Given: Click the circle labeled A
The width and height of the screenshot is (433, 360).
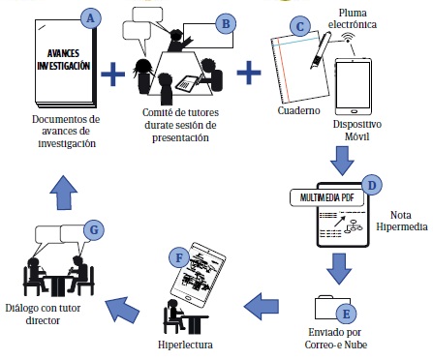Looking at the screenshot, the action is [x=91, y=18].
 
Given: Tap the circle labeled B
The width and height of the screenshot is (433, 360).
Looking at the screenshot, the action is [x=226, y=23].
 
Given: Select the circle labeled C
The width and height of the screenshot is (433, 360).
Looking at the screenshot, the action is [x=300, y=26].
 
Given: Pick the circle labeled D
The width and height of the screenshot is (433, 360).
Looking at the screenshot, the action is [x=372, y=185].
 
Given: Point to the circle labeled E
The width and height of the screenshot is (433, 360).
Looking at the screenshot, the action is [x=346, y=314].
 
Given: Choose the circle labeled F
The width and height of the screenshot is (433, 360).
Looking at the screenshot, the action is [x=179, y=257].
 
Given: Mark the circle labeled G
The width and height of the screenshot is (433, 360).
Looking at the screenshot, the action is [x=94, y=230].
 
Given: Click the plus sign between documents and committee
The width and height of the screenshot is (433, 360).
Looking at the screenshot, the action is [x=112, y=75].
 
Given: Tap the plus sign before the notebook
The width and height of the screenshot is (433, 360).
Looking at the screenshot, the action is [x=249, y=73].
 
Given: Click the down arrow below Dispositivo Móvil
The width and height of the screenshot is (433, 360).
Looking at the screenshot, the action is [x=342, y=161].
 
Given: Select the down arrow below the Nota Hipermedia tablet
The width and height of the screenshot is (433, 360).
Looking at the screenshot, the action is [x=339, y=269].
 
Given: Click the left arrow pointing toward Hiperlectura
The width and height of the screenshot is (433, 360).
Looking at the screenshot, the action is [x=262, y=306].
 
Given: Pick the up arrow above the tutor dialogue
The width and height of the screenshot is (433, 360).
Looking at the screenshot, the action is [x=64, y=193].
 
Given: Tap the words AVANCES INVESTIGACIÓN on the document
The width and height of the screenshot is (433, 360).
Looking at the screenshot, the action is [x=64, y=59].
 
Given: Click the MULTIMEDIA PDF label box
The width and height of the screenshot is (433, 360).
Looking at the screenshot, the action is [x=327, y=197].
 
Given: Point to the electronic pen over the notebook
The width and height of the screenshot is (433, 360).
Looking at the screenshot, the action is [x=321, y=50].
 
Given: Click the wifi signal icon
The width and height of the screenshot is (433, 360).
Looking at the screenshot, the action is [x=348, y=38].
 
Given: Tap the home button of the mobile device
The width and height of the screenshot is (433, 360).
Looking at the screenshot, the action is [x=354, y=111].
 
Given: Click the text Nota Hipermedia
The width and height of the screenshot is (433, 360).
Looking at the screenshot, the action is [x=401, y=221].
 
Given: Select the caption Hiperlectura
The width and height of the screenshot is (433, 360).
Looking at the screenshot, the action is [x=185, y=345].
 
